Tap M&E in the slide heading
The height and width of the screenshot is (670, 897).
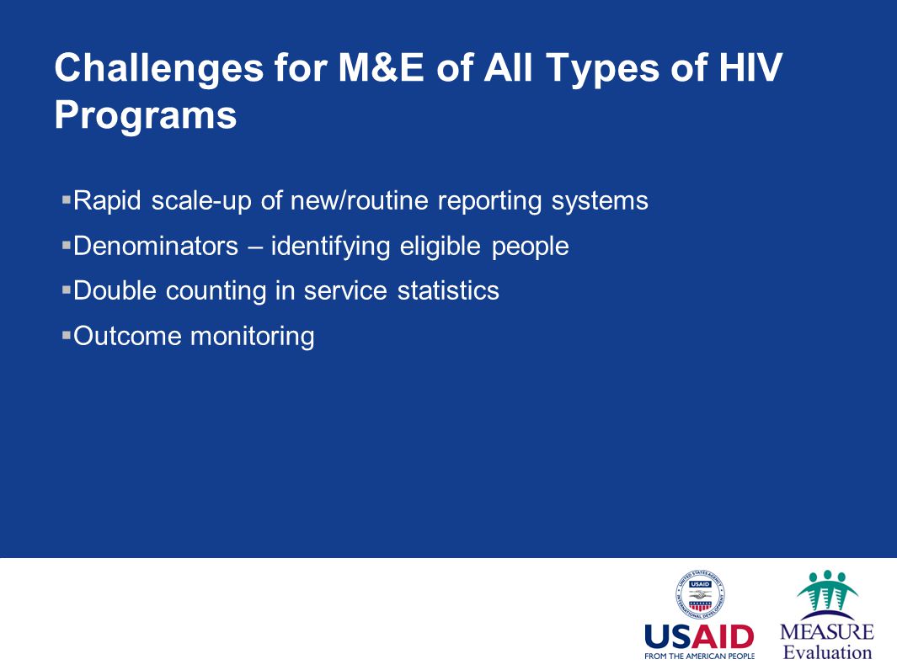pyautogui.click(x=381, y=67)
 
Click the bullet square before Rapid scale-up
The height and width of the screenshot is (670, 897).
pyautogui.click(x=67, y=199)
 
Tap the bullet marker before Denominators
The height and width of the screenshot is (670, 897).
pyautogui.click(x=67, y=245)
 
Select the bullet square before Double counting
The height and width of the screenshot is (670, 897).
pyautogui.click(x=67, y=290)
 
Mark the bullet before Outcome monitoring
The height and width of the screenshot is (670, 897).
pyautogui.click(x=67, y=335)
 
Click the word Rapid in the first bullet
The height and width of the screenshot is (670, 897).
pyautogui.click(x=107, y=201)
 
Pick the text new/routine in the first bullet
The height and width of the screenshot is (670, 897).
pyautogui.click(x=360, y=200)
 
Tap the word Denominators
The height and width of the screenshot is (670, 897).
pyautogui.click(x=156, y=246)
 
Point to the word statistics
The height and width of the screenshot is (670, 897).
pyautogui.click(x=448, y=290)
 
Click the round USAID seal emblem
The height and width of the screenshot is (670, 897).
pyautogui.click(x=700, y=594)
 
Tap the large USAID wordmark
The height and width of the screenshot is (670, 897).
pyautogui.click(x=699, y=636)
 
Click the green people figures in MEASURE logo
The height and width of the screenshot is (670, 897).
pyautogui.click(x=827, y=591)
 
